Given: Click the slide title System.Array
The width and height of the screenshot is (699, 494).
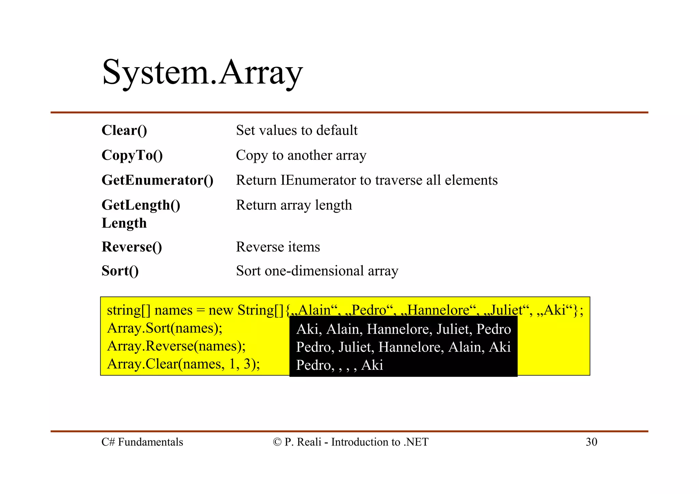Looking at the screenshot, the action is point(202,73).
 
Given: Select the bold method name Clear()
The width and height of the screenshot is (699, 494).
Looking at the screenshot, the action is point(124,130).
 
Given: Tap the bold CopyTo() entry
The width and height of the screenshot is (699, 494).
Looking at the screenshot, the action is point(132,155).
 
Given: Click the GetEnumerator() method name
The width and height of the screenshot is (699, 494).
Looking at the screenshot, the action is point(157,180).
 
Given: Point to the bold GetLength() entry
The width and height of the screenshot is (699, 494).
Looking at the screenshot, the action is point(141,205).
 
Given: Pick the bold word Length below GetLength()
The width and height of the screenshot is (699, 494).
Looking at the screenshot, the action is point(124,223).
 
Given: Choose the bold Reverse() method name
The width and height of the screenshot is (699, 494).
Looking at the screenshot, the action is point(132,247).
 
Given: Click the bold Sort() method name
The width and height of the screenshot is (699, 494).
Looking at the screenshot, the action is point(120,271).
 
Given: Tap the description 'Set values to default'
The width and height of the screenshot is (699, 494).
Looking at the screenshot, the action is point(297,130).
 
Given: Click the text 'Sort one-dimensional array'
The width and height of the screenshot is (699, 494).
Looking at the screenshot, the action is point(317,271).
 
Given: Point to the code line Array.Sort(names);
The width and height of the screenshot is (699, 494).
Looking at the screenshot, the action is point(165,328).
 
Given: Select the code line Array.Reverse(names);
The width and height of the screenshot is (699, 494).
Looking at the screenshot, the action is point(176,346).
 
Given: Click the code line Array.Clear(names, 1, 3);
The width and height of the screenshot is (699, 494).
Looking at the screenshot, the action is point(183,364).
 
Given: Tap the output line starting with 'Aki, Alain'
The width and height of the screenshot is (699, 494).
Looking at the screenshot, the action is point(403,329).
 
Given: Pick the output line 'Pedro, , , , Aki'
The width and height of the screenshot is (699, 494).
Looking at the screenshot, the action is point(340,365).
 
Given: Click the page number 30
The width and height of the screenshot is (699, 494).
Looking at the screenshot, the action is point(591,442).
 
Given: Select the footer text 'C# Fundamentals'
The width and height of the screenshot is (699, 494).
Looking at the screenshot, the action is point(142,442).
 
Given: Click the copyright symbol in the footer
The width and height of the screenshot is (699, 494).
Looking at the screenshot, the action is point(277,442).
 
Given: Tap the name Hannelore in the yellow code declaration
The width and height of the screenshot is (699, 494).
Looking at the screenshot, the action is point(439,310).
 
